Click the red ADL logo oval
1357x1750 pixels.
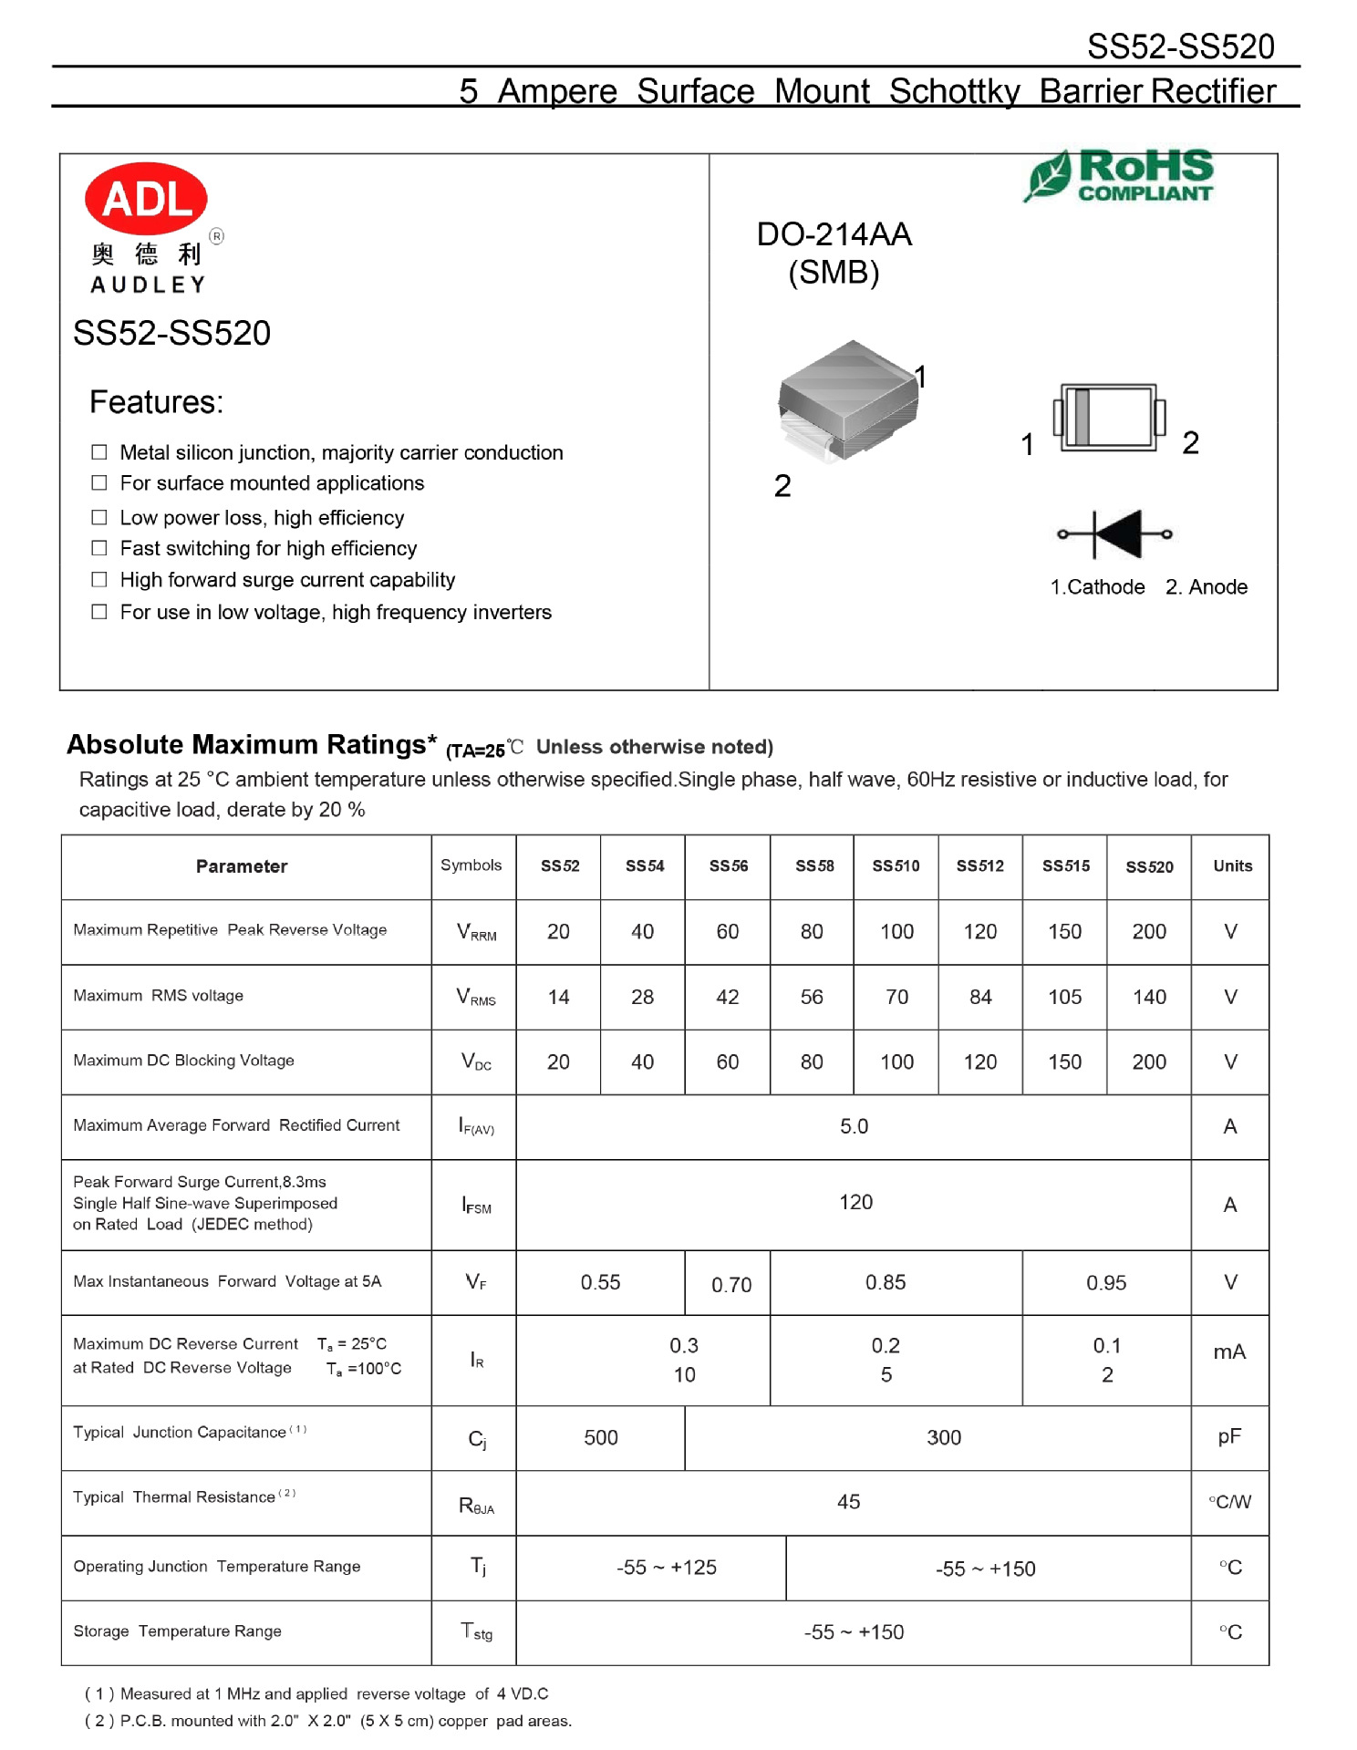click(146, 198)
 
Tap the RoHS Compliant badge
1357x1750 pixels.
click(1120, 175)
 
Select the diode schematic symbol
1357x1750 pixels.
click(1114, 533)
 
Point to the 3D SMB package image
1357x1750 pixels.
click(848, 401)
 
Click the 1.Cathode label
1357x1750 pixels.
click(1097, 587)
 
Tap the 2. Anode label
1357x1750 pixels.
click(1206, 587)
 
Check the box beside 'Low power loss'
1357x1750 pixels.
click(99, 517)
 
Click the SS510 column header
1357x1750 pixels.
click(896, 866)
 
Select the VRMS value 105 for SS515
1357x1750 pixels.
click(1064, 997)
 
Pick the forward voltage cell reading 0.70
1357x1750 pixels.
click(731, 1285)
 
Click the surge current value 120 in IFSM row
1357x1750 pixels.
click(855, 1202)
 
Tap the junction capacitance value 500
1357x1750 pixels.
click(600, 1438)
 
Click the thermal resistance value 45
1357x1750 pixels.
click(848, 1502)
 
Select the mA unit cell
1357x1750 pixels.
click(1228, 1352)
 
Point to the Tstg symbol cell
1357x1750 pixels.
click(476, 1631)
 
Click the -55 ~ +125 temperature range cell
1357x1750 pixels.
click(667, 1568)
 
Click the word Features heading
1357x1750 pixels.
click(156, 402)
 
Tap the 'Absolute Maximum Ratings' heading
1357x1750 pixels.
click(252, 745)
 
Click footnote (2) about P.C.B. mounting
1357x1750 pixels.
click(328, 1721)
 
